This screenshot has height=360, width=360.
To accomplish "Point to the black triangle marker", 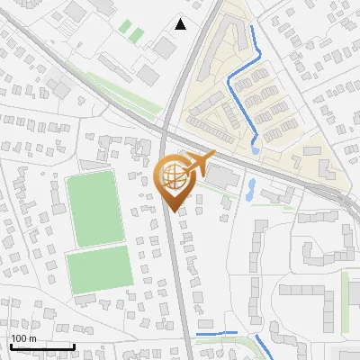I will [x=181, y=24].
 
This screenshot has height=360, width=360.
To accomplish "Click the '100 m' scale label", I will [x=23, y=338].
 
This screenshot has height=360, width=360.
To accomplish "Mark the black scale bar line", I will [x=41, y=346].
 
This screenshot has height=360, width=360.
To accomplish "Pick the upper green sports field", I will [x=94, y=210].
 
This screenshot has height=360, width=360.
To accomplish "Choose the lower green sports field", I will [x=100, y=268].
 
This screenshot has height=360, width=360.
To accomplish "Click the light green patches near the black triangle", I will [x=132, y=31].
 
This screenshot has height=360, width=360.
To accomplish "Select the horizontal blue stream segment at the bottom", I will [x=216, y=334].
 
